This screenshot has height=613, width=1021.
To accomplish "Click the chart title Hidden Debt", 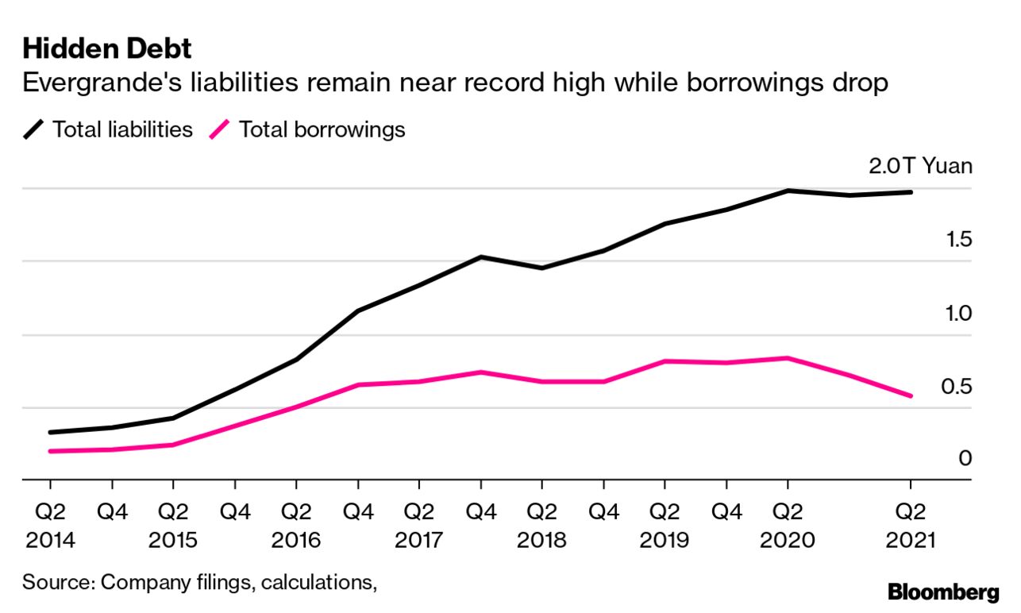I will [107, 49].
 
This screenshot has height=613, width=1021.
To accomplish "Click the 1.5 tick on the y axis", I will [958, 239].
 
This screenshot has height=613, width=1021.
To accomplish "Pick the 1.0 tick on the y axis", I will [958, 313].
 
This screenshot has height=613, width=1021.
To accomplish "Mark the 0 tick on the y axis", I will [965, 459].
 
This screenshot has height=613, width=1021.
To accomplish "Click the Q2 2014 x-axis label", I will [50, 526].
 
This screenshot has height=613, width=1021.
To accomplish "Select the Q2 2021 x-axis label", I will [910, 526].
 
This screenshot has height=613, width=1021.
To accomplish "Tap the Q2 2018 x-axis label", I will [541, 526].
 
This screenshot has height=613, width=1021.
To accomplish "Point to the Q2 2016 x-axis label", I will [296, 526].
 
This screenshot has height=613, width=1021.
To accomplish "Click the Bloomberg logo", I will [943, 592].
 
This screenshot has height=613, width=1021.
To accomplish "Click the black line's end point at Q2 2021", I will [910, 192].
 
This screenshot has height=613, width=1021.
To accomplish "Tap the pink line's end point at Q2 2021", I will [910, 395].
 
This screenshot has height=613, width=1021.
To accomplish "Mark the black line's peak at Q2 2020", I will [788, 191].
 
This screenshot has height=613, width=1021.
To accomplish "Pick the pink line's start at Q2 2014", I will [50, 451].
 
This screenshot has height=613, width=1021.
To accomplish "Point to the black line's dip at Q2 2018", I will [541, 268].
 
